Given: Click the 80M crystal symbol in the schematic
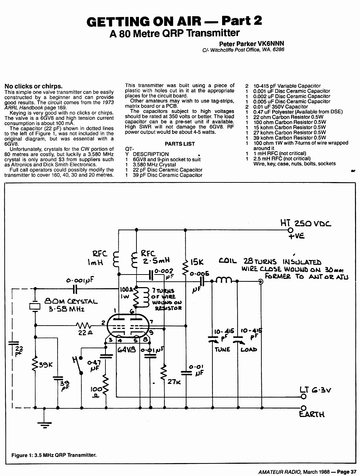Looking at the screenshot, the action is tap(35, 307).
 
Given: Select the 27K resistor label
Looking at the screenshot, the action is tap(174, 381).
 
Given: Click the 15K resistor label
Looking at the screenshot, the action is tap(197, 262).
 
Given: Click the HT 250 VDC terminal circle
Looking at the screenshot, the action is tap(291, 230).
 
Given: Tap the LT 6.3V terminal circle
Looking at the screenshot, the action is tap(303, 396).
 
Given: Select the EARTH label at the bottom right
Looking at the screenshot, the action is tap(312, 414).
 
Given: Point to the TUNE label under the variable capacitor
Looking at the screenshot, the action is tap(222, 350).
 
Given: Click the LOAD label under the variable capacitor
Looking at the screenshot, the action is tap(249, 350).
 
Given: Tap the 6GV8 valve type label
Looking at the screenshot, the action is tap(127, 350).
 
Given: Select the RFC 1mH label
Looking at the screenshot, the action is tap(98, 258).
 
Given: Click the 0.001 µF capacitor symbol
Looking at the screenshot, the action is tap(75, 289).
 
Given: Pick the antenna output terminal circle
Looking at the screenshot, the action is tap(261, 282).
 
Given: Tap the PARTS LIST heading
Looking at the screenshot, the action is tap(180, 144).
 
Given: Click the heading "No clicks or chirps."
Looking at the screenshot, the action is tap(33, 86).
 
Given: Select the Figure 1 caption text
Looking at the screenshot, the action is tap(54, 455).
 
